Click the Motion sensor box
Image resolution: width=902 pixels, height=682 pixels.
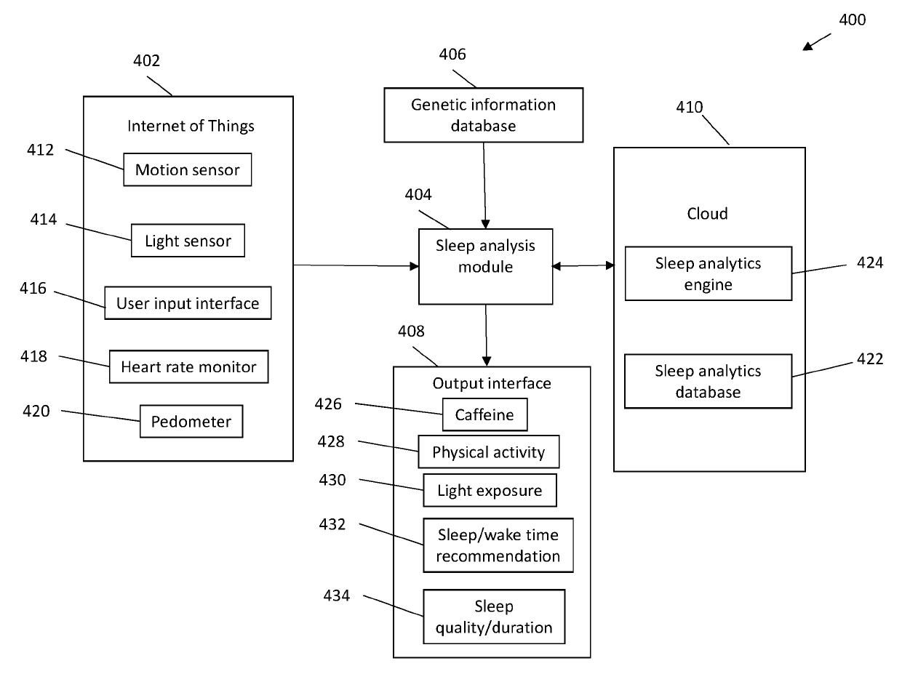[188, 169]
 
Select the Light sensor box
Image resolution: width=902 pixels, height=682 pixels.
[188, 241]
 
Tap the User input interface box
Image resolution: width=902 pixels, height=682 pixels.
[188, 303]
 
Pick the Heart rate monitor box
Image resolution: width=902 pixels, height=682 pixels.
[188, 366]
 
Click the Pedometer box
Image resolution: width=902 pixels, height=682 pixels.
[191, 421]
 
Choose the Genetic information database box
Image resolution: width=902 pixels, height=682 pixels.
[483, 115]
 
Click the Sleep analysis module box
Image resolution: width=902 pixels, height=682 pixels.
[485, 267]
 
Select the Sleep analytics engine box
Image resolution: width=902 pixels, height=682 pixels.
[708, 273]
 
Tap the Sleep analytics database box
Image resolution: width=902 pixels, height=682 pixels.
[708, 381]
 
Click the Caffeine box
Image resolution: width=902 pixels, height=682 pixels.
[484, 414]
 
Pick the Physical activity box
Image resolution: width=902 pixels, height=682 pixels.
[488, 452]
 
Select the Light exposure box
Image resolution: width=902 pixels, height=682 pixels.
[490, 490]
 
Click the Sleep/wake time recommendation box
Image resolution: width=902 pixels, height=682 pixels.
[498, 545]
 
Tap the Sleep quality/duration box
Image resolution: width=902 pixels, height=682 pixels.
[494, 617]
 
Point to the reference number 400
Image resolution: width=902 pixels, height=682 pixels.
[852, 20]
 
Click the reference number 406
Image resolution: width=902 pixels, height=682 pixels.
[452, 55]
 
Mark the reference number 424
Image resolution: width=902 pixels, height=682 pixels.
[869, 262]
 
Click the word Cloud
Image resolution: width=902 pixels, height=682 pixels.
[707, 214]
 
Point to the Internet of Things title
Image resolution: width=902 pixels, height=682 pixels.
[191, 126]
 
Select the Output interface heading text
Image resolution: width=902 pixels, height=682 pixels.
[492, 383]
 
